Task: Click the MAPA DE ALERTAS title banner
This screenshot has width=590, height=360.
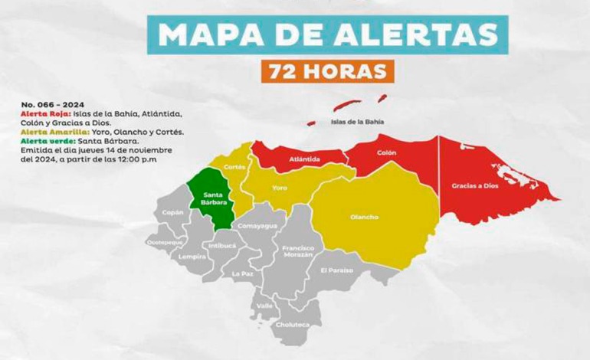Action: (x=327, y=34)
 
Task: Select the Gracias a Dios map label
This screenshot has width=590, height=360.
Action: (x=472, y=186)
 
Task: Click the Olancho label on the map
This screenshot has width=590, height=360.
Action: (x=364, y=217)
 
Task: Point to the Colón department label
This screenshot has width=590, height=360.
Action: (x=386, y=152)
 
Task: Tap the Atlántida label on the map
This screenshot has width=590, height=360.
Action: (x=305, y=160)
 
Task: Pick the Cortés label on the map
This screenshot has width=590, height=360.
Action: (x=234, y=166)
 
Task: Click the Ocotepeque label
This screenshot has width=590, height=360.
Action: (x=163, y=242)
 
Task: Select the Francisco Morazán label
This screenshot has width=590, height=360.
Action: (x=297, y=251)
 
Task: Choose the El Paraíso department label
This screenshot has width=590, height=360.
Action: (x=337, y=270)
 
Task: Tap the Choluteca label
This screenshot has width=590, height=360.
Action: (x=293, y=324)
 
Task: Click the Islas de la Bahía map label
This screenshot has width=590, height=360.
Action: (x=356, y=121)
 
